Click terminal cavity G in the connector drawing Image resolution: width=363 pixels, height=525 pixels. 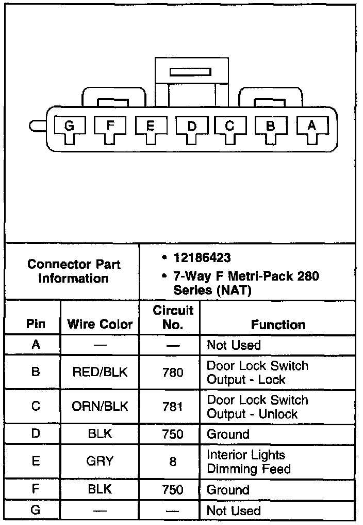coord(69,126)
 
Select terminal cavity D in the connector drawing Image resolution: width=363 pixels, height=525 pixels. coord(191,127)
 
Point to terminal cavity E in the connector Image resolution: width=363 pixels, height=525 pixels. coord(150,127)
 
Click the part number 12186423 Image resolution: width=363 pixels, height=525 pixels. coord(202,257)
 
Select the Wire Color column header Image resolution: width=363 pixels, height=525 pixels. coord(100,325)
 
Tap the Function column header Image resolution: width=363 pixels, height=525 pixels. coord(278,325)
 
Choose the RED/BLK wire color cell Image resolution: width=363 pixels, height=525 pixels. coord(100,372)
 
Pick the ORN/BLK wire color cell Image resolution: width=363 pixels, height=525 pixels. coord(100,406)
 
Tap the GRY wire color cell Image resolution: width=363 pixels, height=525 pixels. coord(100,461)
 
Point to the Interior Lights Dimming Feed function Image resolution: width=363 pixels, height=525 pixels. coord(249,462)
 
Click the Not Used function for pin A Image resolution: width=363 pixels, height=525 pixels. coord(234,345)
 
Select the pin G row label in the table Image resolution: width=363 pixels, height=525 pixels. coord(36,510)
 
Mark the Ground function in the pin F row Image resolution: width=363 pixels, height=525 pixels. coord(228,489)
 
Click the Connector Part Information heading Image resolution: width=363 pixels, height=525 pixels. coord(74,271)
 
